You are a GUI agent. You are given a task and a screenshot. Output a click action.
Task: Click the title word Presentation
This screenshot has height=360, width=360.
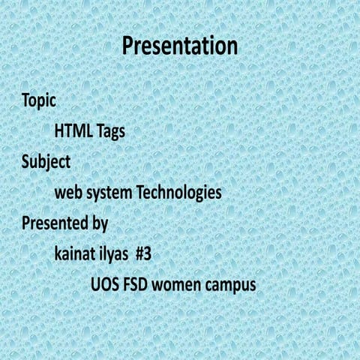click(x=180, y=46)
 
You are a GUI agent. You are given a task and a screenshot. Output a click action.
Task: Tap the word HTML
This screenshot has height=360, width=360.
click(x=73, y=131)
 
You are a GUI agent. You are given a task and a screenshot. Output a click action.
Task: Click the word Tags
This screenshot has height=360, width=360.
click(x=110, y=132)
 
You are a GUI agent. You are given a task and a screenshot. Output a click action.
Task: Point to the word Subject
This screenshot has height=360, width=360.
click(x=46, y=162)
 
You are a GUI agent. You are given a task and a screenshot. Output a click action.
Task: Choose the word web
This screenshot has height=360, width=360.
click(x=68, y=193)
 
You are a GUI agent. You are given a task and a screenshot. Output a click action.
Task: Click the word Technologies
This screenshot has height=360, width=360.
click(x=178, y=193)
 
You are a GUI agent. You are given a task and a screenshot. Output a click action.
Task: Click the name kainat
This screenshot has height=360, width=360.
click(x=76, y=253)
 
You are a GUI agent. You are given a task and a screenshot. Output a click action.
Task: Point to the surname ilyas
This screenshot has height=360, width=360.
click(x=117, y=254)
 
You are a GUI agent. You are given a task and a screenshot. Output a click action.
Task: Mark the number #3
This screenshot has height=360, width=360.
click(x=144, y=253)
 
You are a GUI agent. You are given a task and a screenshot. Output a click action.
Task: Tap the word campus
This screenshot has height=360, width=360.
click(x=230, y=286)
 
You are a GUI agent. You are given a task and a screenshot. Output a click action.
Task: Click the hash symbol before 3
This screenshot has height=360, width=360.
click(x=139, y=253)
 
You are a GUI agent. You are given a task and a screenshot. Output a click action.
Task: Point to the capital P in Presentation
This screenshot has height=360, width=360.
click(x=128, y=46)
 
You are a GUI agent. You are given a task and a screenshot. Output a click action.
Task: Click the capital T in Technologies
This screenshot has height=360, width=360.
click(x=139, y=193)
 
